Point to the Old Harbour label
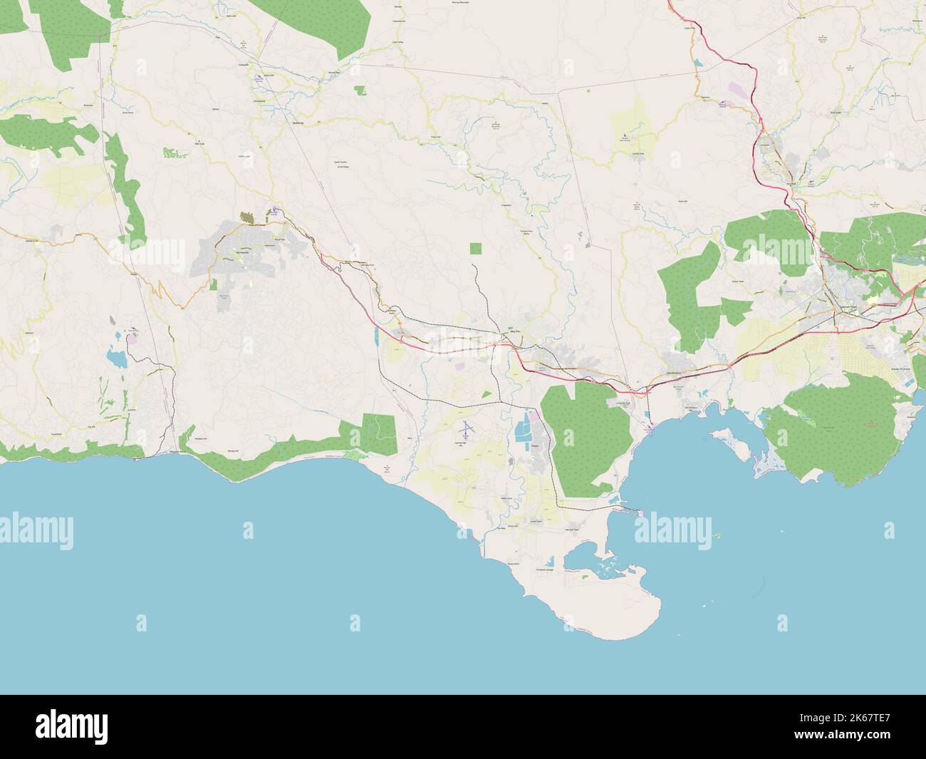(674, 373)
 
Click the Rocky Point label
(511, 563)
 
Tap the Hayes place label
(534, 445)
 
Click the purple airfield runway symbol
(466, 428)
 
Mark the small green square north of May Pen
(475, 249)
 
